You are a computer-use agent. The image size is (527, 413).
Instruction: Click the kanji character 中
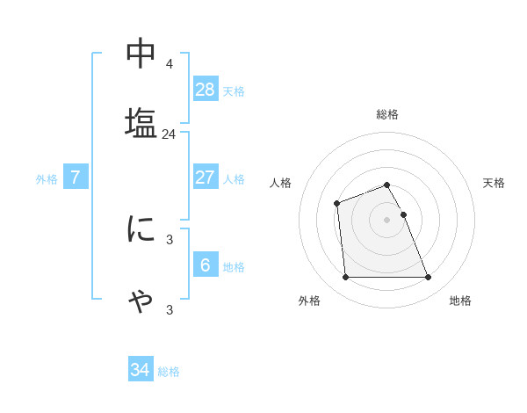tap(141, 54)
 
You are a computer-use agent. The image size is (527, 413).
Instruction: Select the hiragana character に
tap(141, 229)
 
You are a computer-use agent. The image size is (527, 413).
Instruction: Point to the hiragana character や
tap(141, 300)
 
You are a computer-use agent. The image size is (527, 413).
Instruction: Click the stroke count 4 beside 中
tap(169, 64)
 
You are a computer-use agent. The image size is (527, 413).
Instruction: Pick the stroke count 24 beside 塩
tap(169, 134)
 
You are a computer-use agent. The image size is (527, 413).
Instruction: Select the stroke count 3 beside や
tap(169, 310)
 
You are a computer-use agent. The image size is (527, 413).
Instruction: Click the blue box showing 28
tap(206, 90)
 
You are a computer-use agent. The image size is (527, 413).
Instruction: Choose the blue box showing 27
tap(206, 178)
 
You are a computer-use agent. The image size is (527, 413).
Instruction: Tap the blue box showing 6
tap(206, 265)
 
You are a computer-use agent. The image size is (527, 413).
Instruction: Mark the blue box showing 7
tap(76, 178)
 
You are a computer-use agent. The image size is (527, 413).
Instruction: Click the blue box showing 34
tap(141, 370)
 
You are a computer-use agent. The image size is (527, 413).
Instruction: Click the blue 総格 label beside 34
tap(169, 372)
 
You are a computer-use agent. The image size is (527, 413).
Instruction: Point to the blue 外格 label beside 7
tap(47, 179)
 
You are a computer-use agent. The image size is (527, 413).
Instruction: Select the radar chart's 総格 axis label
tap(387, 114)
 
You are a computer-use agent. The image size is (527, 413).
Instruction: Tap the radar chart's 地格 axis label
tap(460, 301)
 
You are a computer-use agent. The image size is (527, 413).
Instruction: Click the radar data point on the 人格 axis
tap(337, 204)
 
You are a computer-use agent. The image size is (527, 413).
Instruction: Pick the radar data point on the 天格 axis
tap(403, 214)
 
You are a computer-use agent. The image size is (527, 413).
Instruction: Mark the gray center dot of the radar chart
tap(387, 220)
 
